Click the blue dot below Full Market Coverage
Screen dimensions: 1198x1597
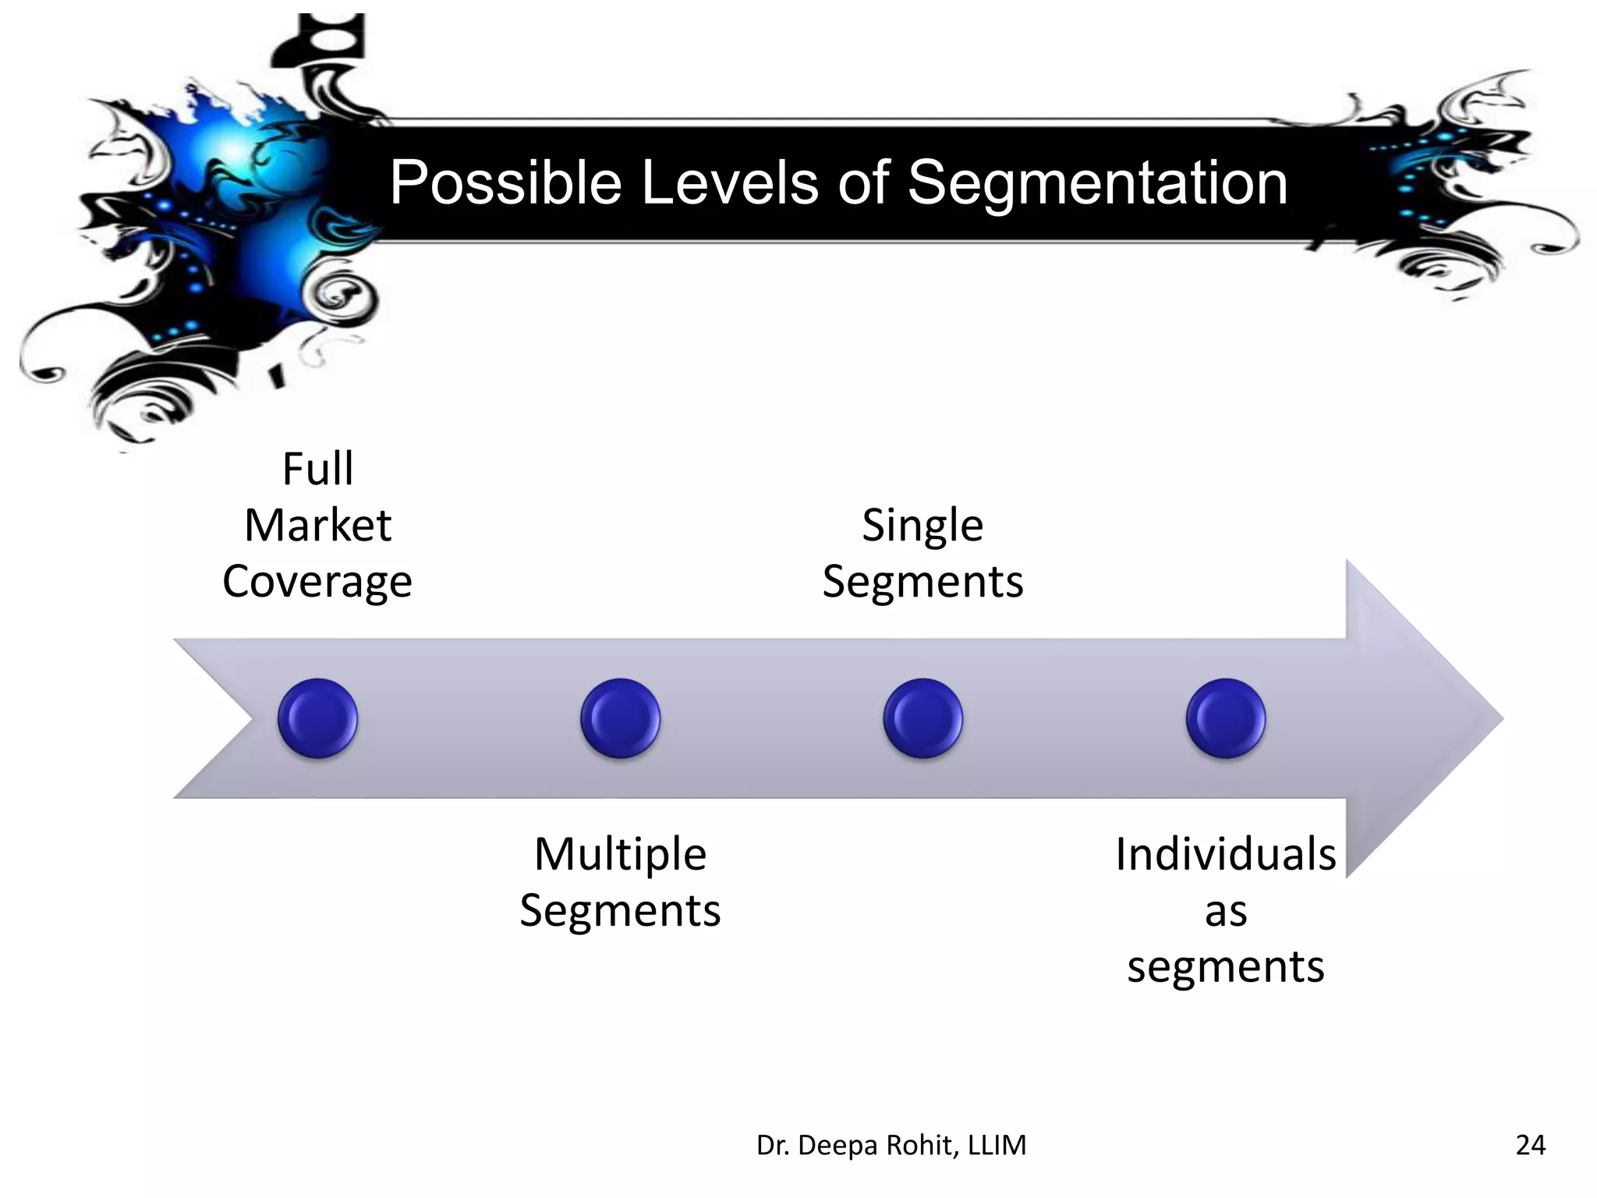click(317, 718)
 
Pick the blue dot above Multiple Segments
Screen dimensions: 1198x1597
click(620, 718)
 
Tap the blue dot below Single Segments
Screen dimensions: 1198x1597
click(922, 718)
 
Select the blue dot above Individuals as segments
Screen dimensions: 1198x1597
click(1225, 718)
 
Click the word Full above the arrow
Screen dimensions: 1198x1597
click(317, 470)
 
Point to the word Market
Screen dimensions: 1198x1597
click(317, 526)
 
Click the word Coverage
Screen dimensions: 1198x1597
click(317, 583)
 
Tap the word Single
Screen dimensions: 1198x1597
click(922, 526)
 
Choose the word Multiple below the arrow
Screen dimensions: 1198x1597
click(620, 854)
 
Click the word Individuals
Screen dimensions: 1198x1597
click(1225, 854)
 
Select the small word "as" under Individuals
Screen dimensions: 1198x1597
click(1225, 911)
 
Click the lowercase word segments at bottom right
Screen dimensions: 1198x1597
click(1225, 967)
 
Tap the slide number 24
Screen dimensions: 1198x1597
click(1530, 1145)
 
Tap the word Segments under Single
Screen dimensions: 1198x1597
click(922, 583)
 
